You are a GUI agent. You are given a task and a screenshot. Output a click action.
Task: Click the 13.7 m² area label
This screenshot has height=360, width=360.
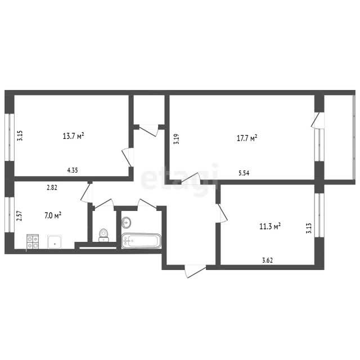click(x=73, y=136)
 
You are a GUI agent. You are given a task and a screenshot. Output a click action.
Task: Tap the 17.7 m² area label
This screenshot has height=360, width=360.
click(x=247, y=138)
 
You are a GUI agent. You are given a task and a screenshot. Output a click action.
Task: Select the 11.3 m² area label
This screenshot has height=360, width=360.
click(x=270, y=227)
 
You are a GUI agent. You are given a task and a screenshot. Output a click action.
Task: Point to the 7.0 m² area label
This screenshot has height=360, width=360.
click(x=53, y=215)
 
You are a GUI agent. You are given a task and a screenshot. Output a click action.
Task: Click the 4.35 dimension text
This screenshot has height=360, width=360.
click(x=73, y=170)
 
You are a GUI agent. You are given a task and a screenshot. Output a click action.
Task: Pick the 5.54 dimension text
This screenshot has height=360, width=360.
click(x=244, y=173)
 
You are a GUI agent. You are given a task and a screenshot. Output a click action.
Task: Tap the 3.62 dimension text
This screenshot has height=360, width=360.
click(x=268, y=260)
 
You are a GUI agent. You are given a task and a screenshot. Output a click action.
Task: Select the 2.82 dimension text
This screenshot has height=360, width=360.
click(x=52, y=187)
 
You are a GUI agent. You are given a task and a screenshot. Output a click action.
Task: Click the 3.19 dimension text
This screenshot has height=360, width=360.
click(x=177, y=139)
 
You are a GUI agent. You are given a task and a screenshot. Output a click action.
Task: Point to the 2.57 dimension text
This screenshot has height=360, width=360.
click(x=20, y=216)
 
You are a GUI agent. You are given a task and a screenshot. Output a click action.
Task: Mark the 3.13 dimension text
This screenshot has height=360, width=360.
click(x=309, y=228)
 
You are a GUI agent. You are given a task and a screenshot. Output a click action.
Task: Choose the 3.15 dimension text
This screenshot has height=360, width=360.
click(x=20, y=136)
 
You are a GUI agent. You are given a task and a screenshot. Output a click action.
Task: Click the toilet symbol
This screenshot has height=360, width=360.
click(x=103, y=235)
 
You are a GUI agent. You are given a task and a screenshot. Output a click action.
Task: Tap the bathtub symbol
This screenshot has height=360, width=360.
click(x=141, y=241)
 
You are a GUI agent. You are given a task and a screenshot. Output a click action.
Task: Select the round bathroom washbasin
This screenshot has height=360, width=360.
click(x=126, y=223)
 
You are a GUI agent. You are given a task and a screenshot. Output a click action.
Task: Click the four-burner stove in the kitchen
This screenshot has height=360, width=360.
click(x=33, y=241)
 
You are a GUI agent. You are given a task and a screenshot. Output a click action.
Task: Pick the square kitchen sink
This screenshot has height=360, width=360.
click(x=55, y=242)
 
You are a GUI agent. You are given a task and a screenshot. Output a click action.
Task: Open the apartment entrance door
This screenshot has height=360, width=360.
click(x=195, y=271)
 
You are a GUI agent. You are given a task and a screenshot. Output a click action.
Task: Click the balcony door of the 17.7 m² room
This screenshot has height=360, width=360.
click(x=317, y=119)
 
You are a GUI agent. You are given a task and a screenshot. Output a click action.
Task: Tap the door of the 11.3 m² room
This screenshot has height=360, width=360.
click(x=222, y=213)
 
